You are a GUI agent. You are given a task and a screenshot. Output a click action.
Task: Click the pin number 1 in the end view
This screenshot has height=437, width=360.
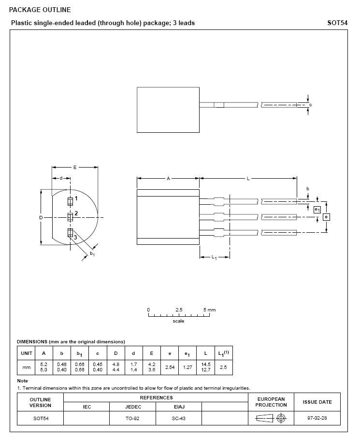76,198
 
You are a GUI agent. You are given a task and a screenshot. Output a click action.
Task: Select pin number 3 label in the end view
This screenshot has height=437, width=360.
75,237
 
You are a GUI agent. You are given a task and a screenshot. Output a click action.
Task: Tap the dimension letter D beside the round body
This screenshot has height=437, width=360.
41,218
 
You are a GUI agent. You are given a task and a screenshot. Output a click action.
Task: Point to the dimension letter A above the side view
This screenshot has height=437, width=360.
168,179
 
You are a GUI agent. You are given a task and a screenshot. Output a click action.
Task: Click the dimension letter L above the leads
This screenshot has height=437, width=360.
248,179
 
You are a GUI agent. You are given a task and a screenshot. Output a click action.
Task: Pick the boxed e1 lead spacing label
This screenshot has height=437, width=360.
317,210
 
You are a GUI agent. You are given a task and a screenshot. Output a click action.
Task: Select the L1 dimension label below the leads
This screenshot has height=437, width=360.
214,257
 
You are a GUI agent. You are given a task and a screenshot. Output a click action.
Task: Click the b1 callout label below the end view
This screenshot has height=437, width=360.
92,254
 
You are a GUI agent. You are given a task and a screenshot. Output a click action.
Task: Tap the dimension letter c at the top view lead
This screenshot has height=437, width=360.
310,105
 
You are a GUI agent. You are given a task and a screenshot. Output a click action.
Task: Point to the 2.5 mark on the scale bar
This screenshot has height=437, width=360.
179,310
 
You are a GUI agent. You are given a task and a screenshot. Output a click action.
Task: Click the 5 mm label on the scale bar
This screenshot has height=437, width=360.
209,310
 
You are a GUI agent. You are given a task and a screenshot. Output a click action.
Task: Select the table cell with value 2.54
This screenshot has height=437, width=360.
170,367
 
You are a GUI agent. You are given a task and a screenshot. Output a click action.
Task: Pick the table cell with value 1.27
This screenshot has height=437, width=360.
187,367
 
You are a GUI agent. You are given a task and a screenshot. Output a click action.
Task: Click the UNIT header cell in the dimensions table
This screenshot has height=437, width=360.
26,353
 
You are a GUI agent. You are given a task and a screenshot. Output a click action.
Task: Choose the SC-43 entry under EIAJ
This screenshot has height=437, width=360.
178,418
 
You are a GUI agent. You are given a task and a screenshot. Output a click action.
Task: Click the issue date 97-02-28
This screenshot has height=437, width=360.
317,418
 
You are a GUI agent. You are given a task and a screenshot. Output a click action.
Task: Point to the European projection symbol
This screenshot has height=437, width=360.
271,418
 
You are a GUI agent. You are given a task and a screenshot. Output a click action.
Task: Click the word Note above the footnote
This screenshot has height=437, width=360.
22,381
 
